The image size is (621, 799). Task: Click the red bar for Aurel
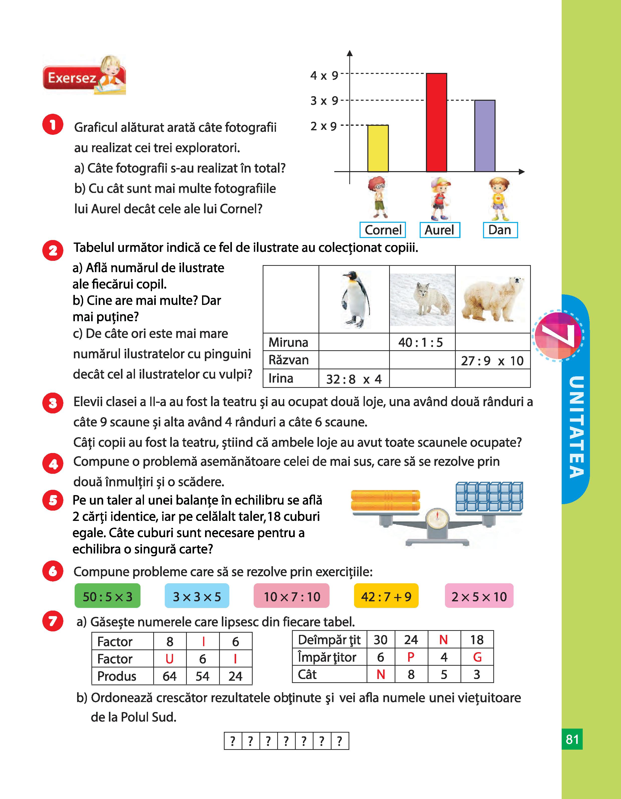click(x=436, y=123)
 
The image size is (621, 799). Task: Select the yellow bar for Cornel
click(x=378, y=148)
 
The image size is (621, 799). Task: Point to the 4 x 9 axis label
click(x=324, y=76)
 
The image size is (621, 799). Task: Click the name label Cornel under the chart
click(x=383, y=230)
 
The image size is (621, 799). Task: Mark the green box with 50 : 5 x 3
click(x=107, y=597)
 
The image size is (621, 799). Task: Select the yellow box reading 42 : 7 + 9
click(x=386, y=597)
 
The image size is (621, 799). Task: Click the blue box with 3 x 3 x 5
click(x=197, y=597)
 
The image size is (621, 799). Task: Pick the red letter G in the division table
click(x=477, y=657)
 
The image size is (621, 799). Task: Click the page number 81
click(x=572, y=739)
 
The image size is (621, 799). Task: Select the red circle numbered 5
click(x=53, y=500)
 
